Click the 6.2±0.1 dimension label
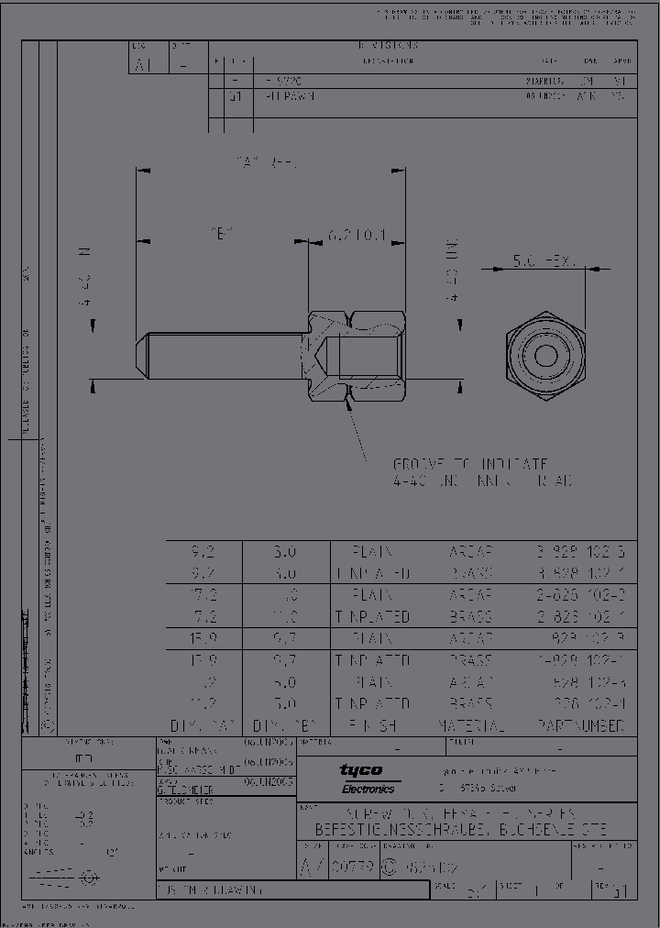coord(357,236)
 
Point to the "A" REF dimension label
coord(265,162)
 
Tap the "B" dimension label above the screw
coord(221,236)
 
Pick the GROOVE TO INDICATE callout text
coord(470,464)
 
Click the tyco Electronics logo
coord(366,779)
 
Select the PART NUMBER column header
coord(580,725)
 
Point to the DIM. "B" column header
coord(284,725)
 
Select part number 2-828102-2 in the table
coord(580,595)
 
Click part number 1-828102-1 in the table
coord(580,660)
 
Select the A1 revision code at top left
coord(141,64)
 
